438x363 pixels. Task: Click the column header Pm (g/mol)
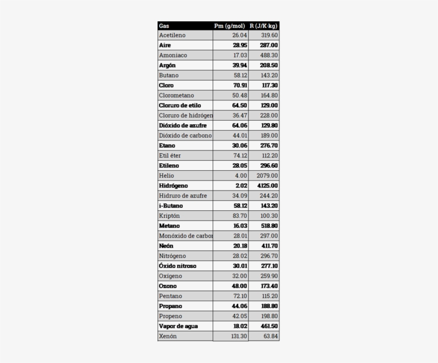pyautogui.click(x=230, y=26)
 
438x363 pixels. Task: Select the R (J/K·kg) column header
pyautogui.click(x=264, y=26)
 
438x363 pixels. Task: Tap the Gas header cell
pyautogui.click(x=165, y=26)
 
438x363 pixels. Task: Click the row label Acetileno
pyautogui.click(x=173, y=35)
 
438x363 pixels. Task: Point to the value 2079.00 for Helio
pyautogui.click(x=267, y=176)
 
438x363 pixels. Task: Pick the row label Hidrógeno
pyautogui.click(x=174, y=186)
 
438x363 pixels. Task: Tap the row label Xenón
pyautogui.click(x=168, y=336)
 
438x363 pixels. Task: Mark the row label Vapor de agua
pyautogui.click(x=178, y=326)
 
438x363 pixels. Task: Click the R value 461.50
pyautogui.click(x=269, y=326)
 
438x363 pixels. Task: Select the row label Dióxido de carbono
pyautogui.click(x=185, y=136)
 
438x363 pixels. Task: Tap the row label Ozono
pyautogui.click(x=168, y=286)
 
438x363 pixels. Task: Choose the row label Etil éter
pyautogui.click(x=170, y=156)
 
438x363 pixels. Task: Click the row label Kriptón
pyautogui.click(x=169, y=216)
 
